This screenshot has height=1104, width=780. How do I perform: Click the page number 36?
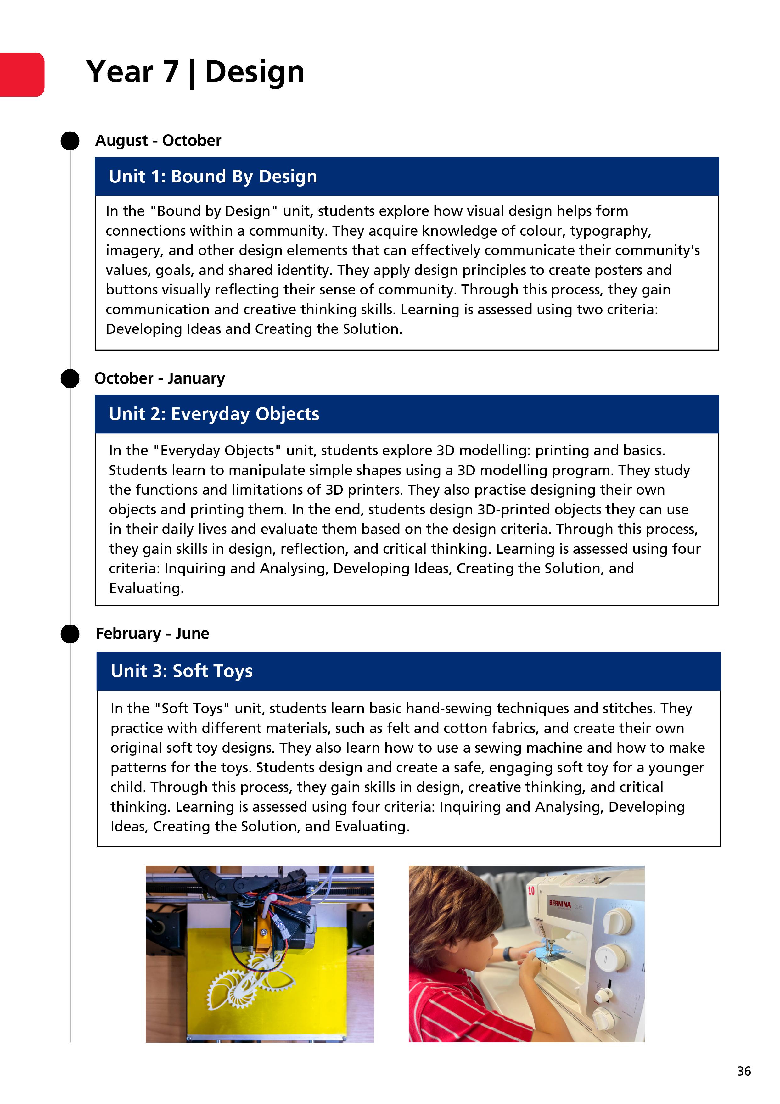(744, 1071)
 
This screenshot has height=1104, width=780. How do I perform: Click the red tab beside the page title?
(22, 75)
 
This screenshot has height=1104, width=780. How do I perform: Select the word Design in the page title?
(255, 72)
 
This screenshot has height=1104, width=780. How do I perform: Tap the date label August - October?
(158, 140)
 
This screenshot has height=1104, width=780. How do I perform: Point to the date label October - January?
(160, 378)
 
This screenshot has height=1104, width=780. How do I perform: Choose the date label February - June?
(152, 633)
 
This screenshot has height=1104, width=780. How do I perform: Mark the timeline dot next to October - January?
(70, 379)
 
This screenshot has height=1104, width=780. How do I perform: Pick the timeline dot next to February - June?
(70, 634)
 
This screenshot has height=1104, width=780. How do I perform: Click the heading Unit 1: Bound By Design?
(213, 177)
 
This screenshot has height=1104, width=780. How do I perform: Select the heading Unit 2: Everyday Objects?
(214, 414)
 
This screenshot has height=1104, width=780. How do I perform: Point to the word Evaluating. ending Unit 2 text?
(146, 588)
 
